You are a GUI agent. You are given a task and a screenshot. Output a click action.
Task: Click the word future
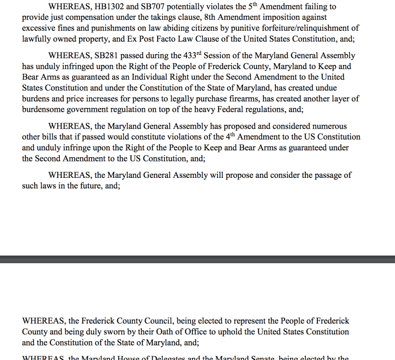[90, 186]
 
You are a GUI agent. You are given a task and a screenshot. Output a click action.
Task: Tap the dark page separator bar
[197, 259]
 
